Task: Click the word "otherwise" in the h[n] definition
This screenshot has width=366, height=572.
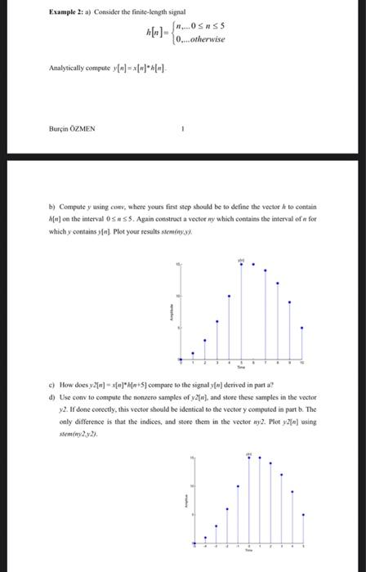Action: [203, 39]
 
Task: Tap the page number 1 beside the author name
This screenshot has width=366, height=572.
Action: [184, 127]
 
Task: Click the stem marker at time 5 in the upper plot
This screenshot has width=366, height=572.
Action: [240, 263]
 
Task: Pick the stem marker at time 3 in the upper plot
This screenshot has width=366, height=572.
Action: [216, 320]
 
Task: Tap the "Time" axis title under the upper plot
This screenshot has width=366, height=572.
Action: [240, 369]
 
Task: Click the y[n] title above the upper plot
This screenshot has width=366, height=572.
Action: [240, 258]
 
